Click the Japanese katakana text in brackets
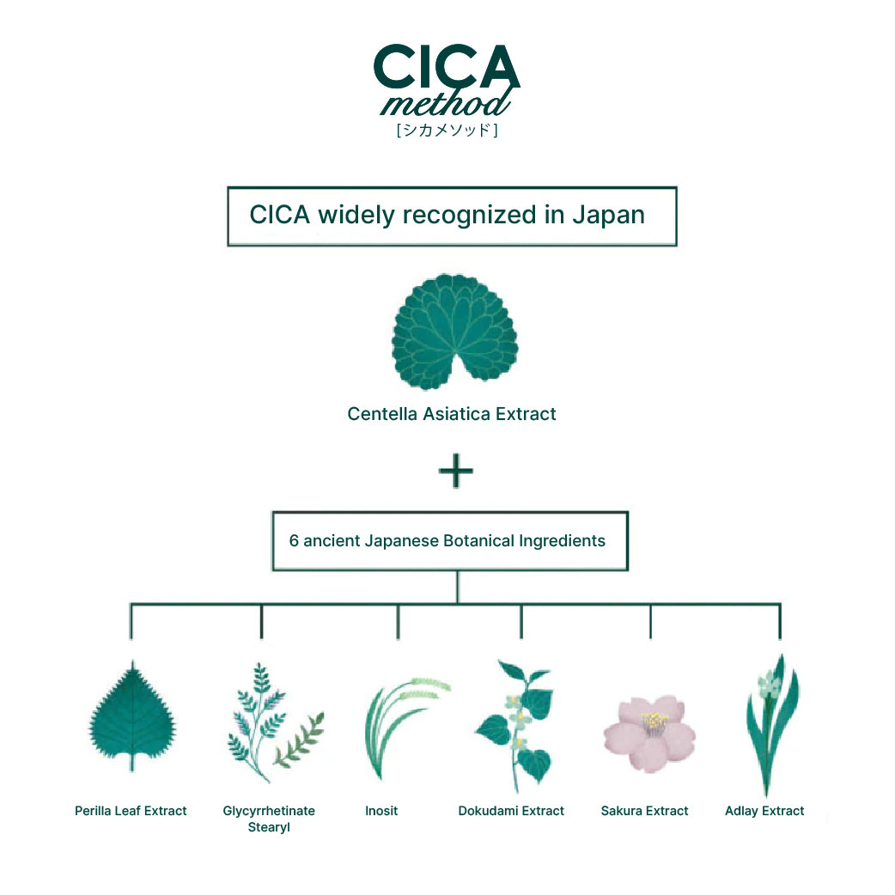447,131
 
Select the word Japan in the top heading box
608,215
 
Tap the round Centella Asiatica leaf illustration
454,332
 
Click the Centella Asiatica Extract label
452,414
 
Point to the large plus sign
456,472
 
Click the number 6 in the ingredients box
294,541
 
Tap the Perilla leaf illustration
132,716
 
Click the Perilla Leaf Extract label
131,811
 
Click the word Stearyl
269,828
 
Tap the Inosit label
381,811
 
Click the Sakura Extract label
644,811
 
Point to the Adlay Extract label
764,811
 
